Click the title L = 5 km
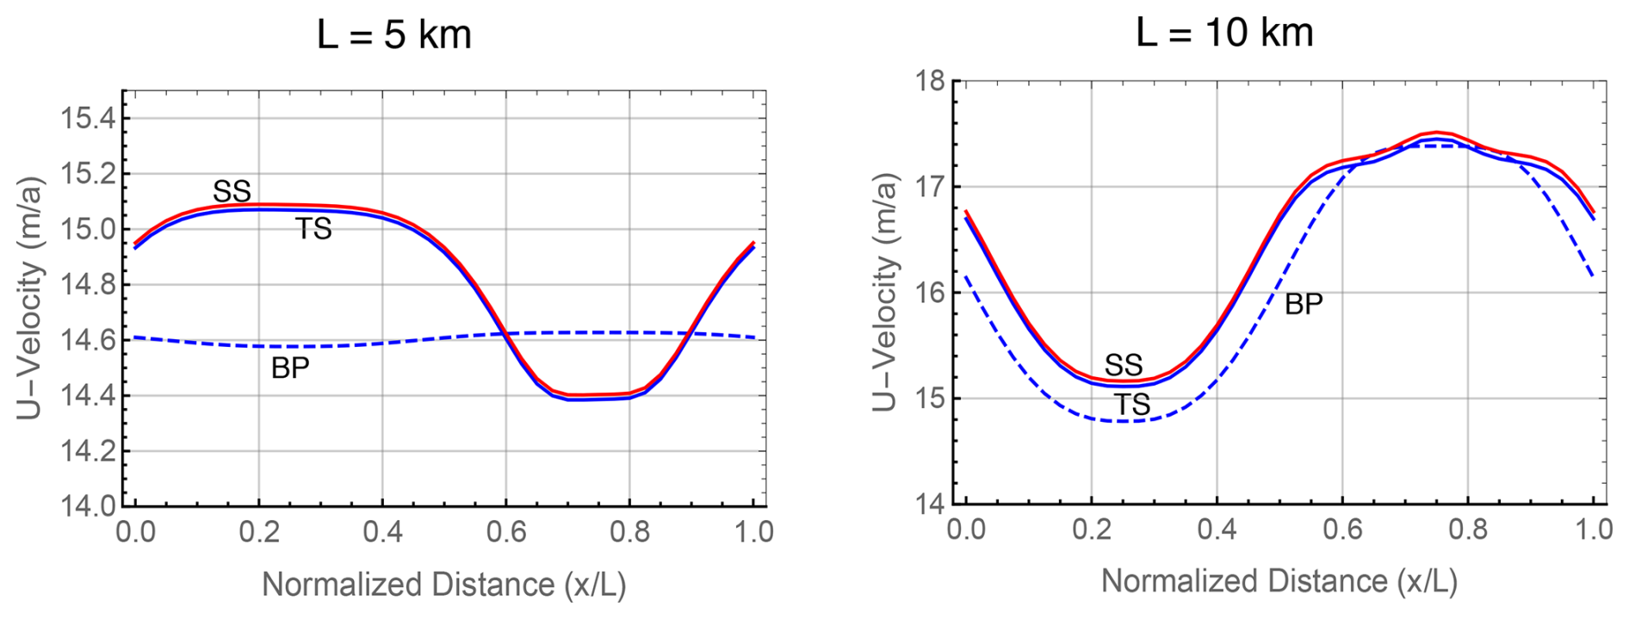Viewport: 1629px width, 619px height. [393, 35]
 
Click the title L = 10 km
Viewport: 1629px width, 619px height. [1224, 33]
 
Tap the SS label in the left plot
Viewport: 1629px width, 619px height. [232, 191]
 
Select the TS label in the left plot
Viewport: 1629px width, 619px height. [313, 229]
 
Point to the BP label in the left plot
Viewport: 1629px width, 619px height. [290, 368]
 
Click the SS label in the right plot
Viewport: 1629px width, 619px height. [1124, 364]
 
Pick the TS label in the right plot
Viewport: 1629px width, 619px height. [1132, 405]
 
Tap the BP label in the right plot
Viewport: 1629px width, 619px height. [1304, 304]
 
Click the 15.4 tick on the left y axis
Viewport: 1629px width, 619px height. [87, 118]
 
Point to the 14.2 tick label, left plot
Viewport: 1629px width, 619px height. [87, 451]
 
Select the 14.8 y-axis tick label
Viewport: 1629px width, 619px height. [87, 284]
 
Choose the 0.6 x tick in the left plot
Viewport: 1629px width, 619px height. [506, 532]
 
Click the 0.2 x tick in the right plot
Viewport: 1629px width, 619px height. [1091, 529]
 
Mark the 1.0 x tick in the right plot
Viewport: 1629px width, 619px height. [1594, 529]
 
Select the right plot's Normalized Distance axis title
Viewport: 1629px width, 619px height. [1279, 582]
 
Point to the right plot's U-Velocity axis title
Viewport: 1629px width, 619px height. [886, 293]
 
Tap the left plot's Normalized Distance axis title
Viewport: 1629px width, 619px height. [443, 585]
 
